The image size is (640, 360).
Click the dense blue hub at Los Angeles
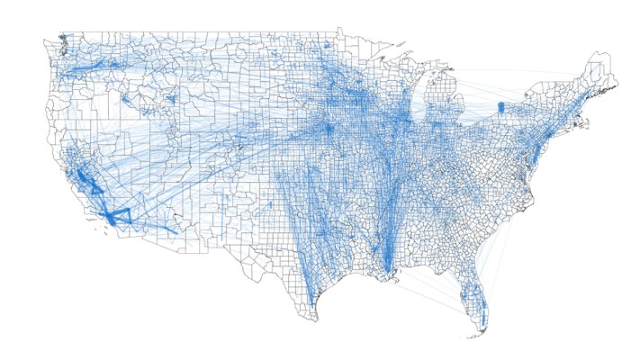(110, 217)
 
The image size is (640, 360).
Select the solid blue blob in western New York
(501, 109)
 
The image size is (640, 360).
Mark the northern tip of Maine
(597, 56)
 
